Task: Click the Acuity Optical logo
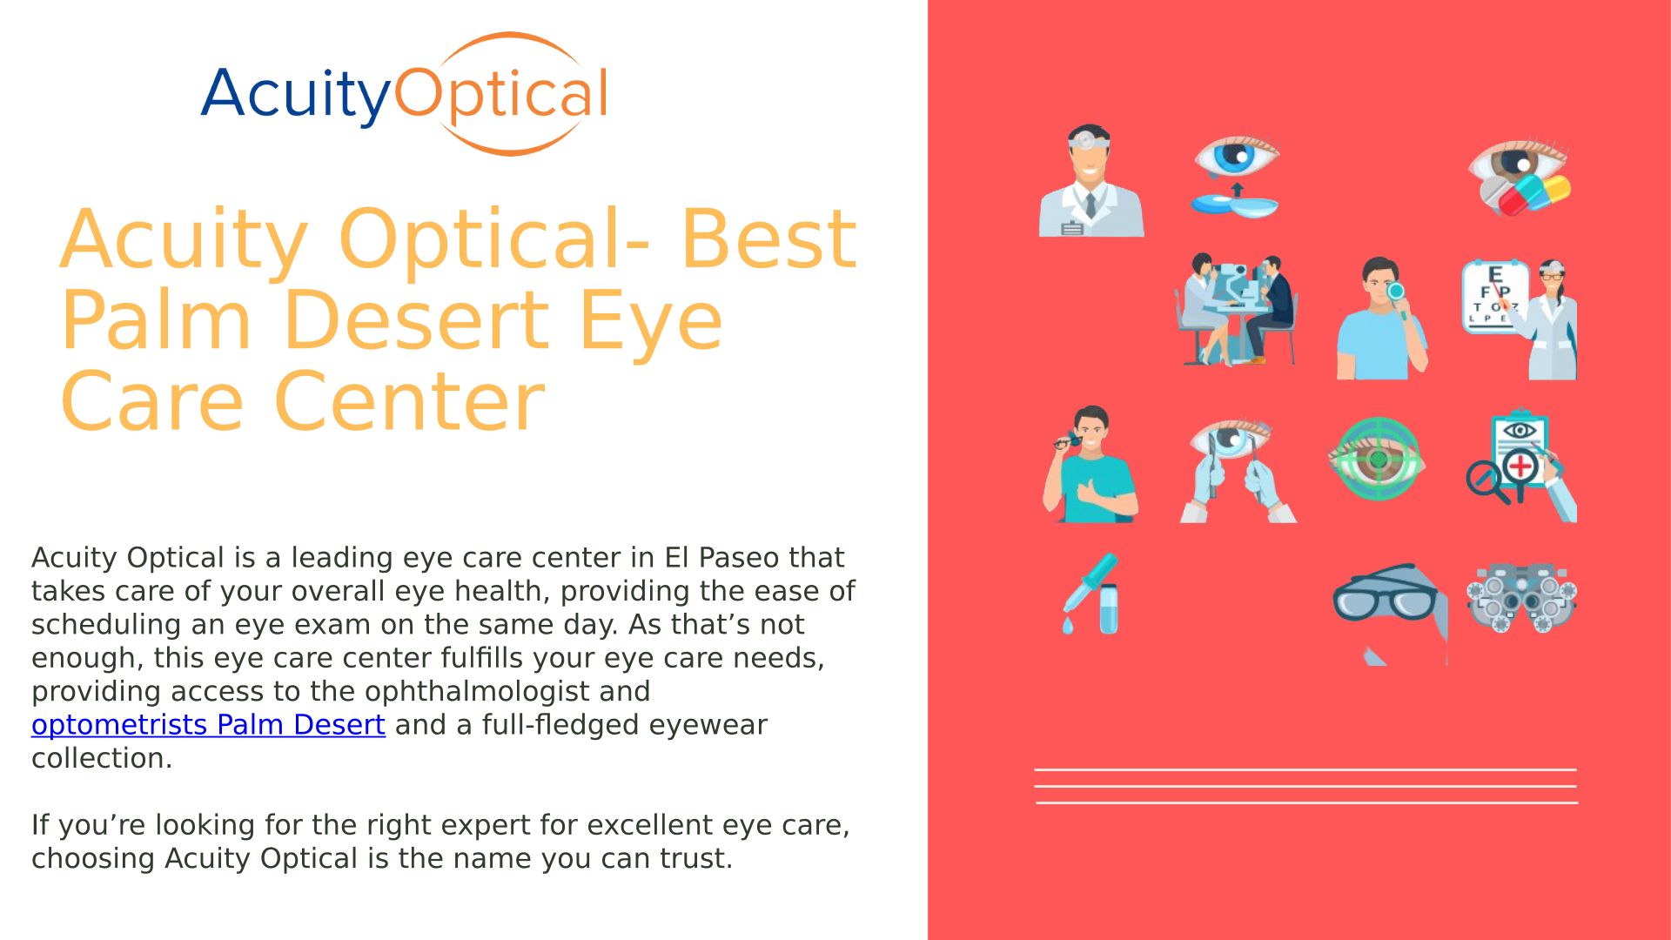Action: click(x=405, y=94)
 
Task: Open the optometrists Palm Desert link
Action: click(x=208, y=724)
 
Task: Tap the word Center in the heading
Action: click(x=409, y=401)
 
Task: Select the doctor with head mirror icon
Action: click(x=1091, y=180)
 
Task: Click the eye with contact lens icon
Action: click(x=1236, y=176)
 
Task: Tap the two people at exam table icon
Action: click(x=1236, y=309)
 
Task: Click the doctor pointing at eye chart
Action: click(x=1520, y=318)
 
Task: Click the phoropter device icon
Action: click(x=1521, y=596)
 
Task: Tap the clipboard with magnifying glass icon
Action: click(x=1521, y=465)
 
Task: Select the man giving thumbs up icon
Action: click(x=1091, y=464)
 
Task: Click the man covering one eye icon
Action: click(x=1382, y=318)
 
